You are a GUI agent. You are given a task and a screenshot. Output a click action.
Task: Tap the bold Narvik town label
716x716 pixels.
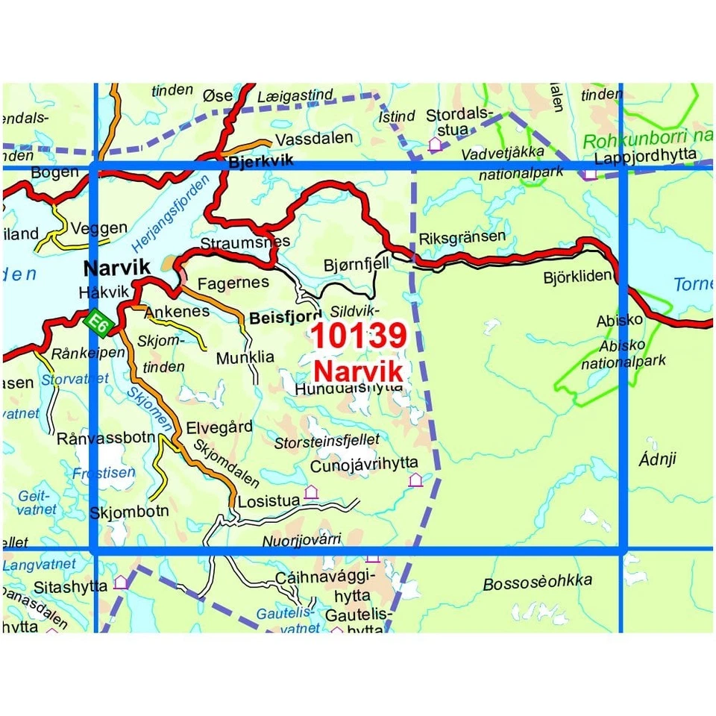click(x=117, y=268)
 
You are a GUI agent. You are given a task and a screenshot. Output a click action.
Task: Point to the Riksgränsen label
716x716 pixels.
click(x=462, y=237)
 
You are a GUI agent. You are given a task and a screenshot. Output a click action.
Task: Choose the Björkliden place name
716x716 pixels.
click(x=578, y=277)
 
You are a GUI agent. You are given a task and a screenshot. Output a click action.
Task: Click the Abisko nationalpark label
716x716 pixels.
click(x=623, y=354)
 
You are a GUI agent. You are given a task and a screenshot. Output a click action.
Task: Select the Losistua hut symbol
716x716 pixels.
click(x=311, y=492)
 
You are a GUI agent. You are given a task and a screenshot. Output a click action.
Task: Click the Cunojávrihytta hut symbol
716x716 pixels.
click(x=415, y=480)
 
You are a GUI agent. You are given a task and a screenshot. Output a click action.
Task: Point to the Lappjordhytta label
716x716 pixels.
click(x=646, y=155)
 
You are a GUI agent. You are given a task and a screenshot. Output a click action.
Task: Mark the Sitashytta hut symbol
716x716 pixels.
click(x=120, y=582)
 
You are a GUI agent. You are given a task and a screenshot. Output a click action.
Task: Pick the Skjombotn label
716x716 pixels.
click(x=129, y=512)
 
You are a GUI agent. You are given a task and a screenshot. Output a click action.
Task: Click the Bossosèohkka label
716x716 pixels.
click(x=537, y=581)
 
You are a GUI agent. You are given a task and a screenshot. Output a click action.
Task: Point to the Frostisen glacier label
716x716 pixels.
click(x=104, y=473)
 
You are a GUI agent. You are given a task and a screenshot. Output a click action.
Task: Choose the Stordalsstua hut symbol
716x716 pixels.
click(x=435, y=144)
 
